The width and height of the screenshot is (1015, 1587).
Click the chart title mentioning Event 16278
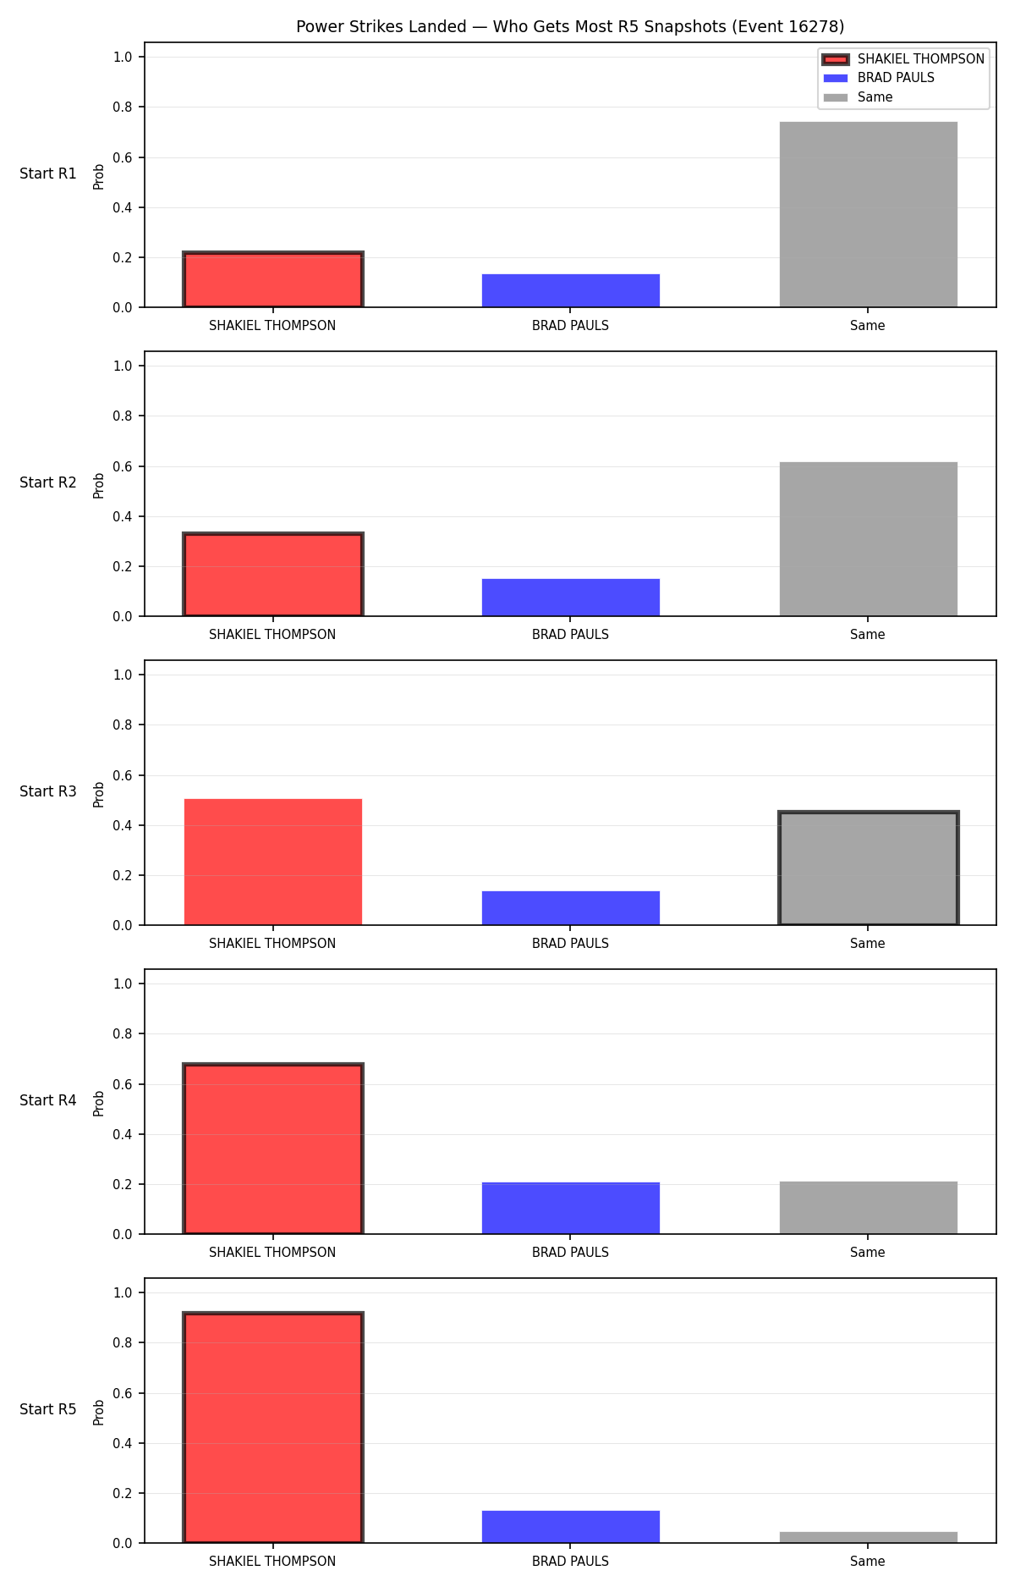tap(570, 27)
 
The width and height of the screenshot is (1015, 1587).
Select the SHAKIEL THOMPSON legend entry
tap(903, 59)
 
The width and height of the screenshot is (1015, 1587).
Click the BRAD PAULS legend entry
tap(879, 78)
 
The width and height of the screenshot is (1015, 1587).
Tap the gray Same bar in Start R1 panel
tap(868, 214)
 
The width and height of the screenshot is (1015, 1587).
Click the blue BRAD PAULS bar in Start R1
tap(570, 290)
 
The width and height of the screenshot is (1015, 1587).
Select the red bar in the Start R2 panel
tap(273, 575)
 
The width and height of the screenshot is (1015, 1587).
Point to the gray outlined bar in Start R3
tap(868, 868)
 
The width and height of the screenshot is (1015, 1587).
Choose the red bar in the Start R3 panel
tap(273, 862)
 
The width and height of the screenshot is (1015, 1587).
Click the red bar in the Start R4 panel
tap(273, 1149)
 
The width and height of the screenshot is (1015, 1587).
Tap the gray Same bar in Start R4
tap(868, 1208)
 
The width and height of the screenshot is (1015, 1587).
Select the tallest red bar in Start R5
tap(273, 1427)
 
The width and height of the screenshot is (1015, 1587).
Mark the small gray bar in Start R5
tap(868, 1537)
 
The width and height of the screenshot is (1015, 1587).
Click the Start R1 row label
tap(48, 174)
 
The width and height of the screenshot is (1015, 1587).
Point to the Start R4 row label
tap(48, 1101)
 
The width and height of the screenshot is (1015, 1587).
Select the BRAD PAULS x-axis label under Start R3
tap(570, 944)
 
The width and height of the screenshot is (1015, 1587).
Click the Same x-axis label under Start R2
tap(868, 635)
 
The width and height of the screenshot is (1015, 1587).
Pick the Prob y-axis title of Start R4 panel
tap(99, 1103)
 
